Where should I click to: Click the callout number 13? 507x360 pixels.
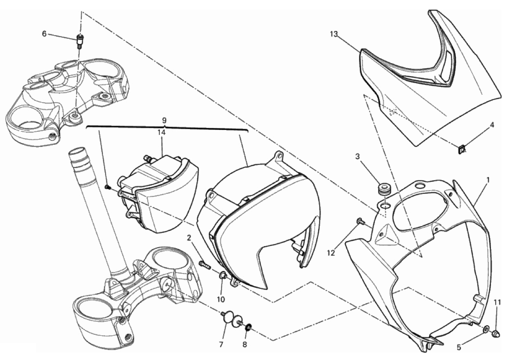click(x=334, y=33)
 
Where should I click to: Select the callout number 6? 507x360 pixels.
click(x=44, y=33)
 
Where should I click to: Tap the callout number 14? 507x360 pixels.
click(x=161, y=132)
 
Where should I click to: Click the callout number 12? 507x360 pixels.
click(x=331, y=253)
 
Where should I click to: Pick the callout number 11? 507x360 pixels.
click(x=497, y=303)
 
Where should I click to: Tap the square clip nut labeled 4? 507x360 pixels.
click(x=462, y=150)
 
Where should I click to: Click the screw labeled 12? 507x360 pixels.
click(x=361, y=222)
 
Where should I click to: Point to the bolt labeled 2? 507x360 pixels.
click(x=204, y=265)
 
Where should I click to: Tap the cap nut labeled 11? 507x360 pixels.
click(x=497, y=333)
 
